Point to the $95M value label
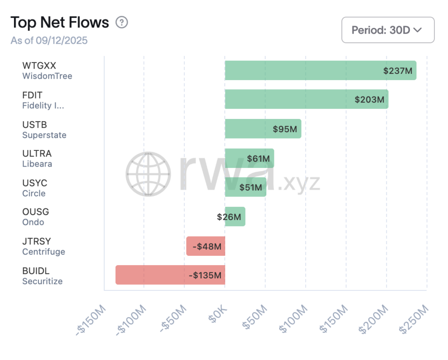285,129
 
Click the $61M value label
258,158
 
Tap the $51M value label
250,188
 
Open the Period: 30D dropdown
388,30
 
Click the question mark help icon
122,22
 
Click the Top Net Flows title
59,22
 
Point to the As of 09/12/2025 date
49,41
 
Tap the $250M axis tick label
413,321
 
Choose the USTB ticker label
35,125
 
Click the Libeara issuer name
37,164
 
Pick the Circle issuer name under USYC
34,193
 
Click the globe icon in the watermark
148,174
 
